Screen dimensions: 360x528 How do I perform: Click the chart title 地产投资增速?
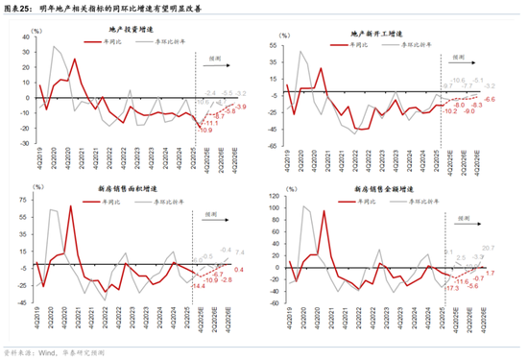pyautogui.click(x=132, y=32)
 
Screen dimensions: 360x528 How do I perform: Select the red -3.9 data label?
pyautogui.click(x=241, y=107)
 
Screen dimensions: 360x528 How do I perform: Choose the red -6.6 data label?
pyautogui.click(x=490, y=100)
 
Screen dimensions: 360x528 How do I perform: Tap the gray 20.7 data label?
pyautogui.click(x=490, y=248)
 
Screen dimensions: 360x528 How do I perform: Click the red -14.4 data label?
pyautogui.click(x=199, y=286)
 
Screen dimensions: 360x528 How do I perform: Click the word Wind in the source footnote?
pyautogui.click(x=43, y=352)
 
